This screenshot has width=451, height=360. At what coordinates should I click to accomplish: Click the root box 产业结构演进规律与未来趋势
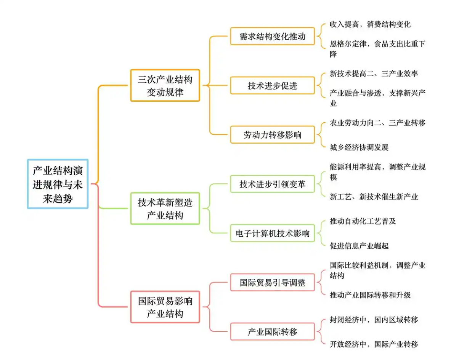(58, 184)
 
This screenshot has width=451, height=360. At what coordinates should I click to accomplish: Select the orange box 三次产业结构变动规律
(165, 85)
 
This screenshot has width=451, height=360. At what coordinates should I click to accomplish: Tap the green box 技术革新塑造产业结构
(165, 209)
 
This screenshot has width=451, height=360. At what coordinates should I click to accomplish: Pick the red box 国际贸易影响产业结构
(165, 307)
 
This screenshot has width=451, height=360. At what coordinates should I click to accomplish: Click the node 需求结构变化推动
(272, 37)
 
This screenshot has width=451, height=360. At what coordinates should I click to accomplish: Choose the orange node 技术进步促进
(272, 86)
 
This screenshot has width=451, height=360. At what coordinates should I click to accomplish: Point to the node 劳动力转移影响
(272, 135)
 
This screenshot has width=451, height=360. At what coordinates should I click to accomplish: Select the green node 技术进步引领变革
(272, 184)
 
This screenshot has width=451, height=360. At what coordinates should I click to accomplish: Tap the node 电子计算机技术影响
(272, 234)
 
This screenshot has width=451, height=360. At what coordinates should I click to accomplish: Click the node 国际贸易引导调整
(272, 283)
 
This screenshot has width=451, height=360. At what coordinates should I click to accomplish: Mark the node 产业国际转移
(272, 332)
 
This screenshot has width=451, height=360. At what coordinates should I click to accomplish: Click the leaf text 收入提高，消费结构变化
(370, 24)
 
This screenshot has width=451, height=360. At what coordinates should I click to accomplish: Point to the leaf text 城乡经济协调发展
(359, 147)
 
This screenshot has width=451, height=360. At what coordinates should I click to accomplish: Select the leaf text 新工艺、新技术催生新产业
(374, 197)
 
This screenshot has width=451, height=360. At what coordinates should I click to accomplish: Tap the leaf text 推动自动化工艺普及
(363, 221)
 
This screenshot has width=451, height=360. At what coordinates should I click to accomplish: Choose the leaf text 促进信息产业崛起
(359, 246)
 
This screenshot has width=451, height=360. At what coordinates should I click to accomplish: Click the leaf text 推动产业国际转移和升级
(370, 295)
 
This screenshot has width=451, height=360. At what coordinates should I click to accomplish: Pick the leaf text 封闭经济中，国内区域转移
(374, 320)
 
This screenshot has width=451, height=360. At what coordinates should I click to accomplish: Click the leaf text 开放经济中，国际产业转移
(374, 344)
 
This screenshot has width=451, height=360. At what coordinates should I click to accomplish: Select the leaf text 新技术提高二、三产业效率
(374, 73)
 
